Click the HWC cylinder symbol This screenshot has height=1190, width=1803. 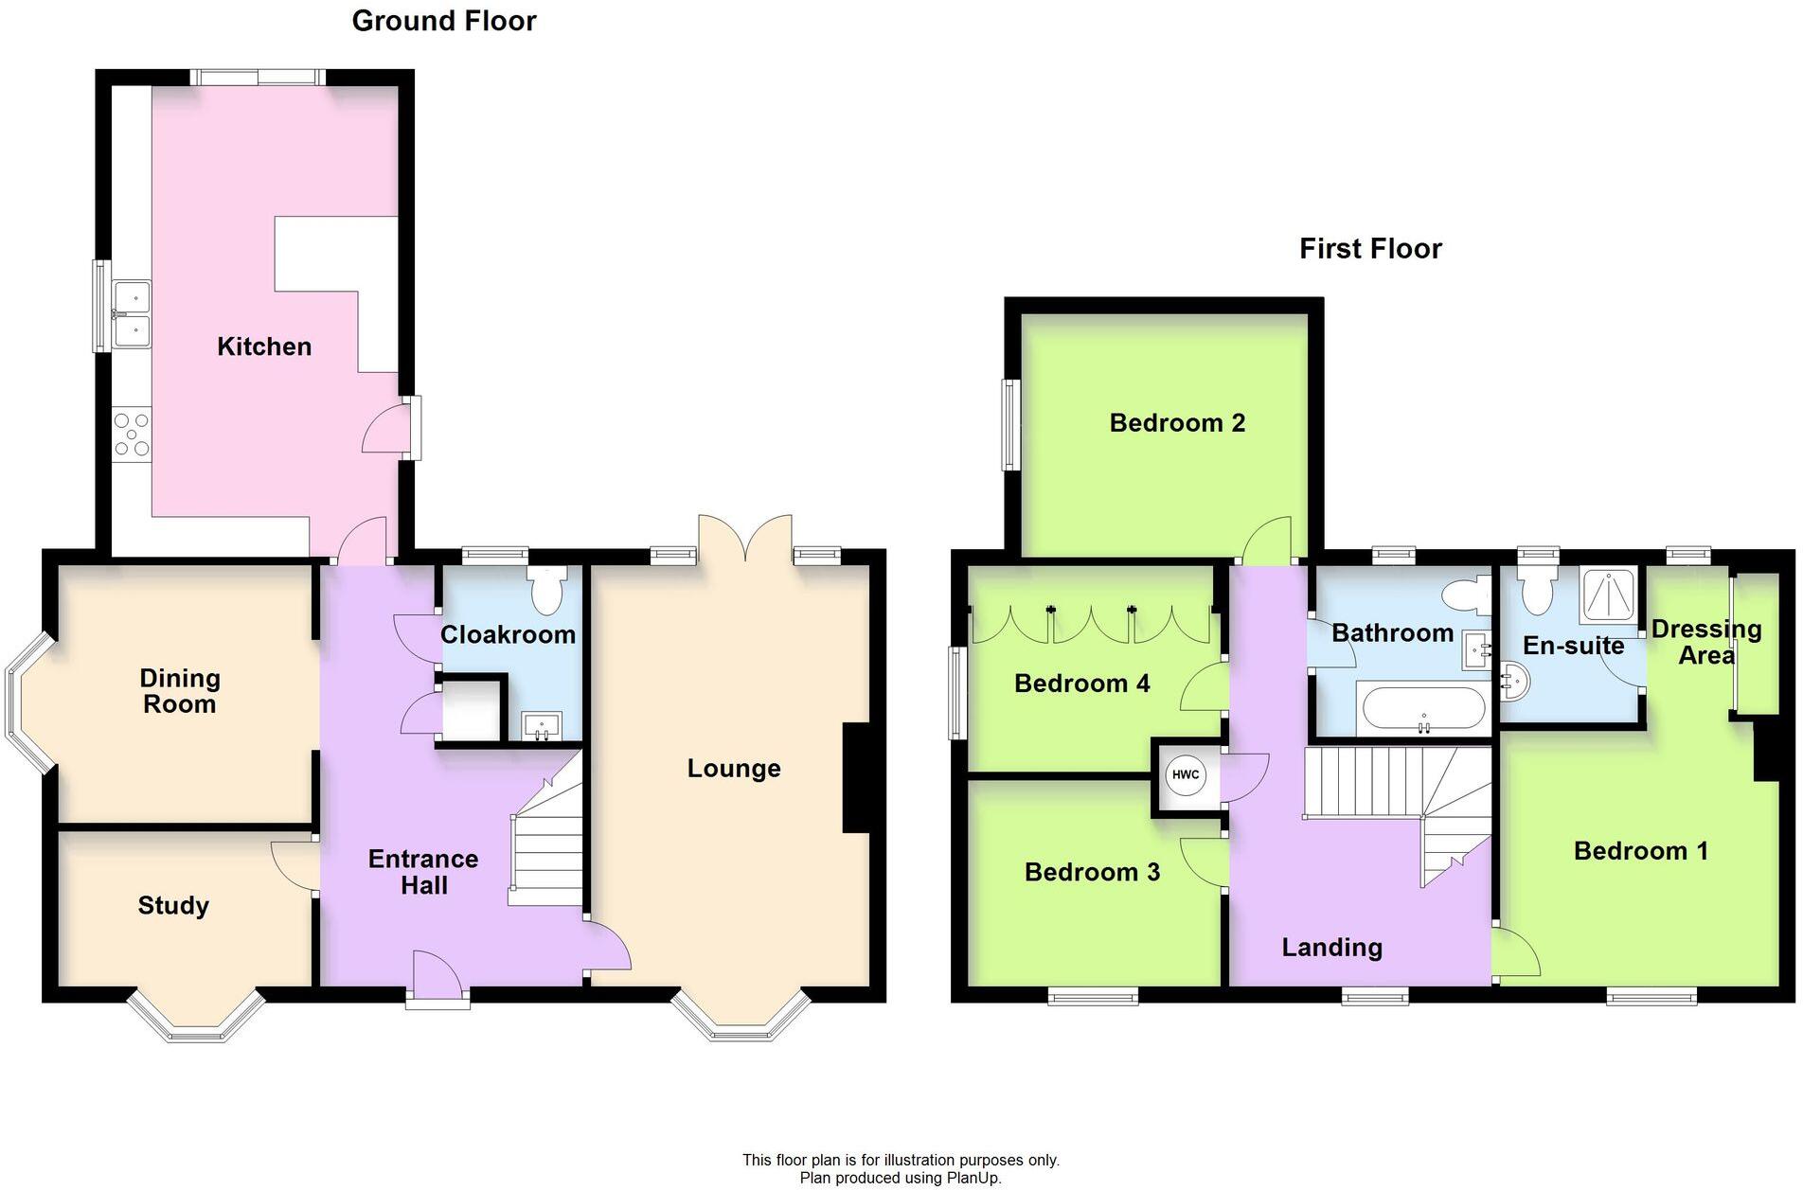point(1185,774)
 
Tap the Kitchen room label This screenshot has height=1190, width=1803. point(264,346)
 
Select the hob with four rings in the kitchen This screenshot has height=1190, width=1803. point(131,434)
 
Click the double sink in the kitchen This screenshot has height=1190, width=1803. point(131,314)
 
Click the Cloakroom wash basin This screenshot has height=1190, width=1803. point(542,726)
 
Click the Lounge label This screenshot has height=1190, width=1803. point(734,769)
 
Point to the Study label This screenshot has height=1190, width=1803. point(173,906)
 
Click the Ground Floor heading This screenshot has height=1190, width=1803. point(444,21)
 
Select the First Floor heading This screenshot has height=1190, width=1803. point(1370,249)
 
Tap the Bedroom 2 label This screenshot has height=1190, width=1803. point(1177,423)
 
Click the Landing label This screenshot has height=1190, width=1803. point(1331,948)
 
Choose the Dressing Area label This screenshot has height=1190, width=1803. point(1706,642)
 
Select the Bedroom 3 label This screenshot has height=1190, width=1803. point(1092,872)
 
